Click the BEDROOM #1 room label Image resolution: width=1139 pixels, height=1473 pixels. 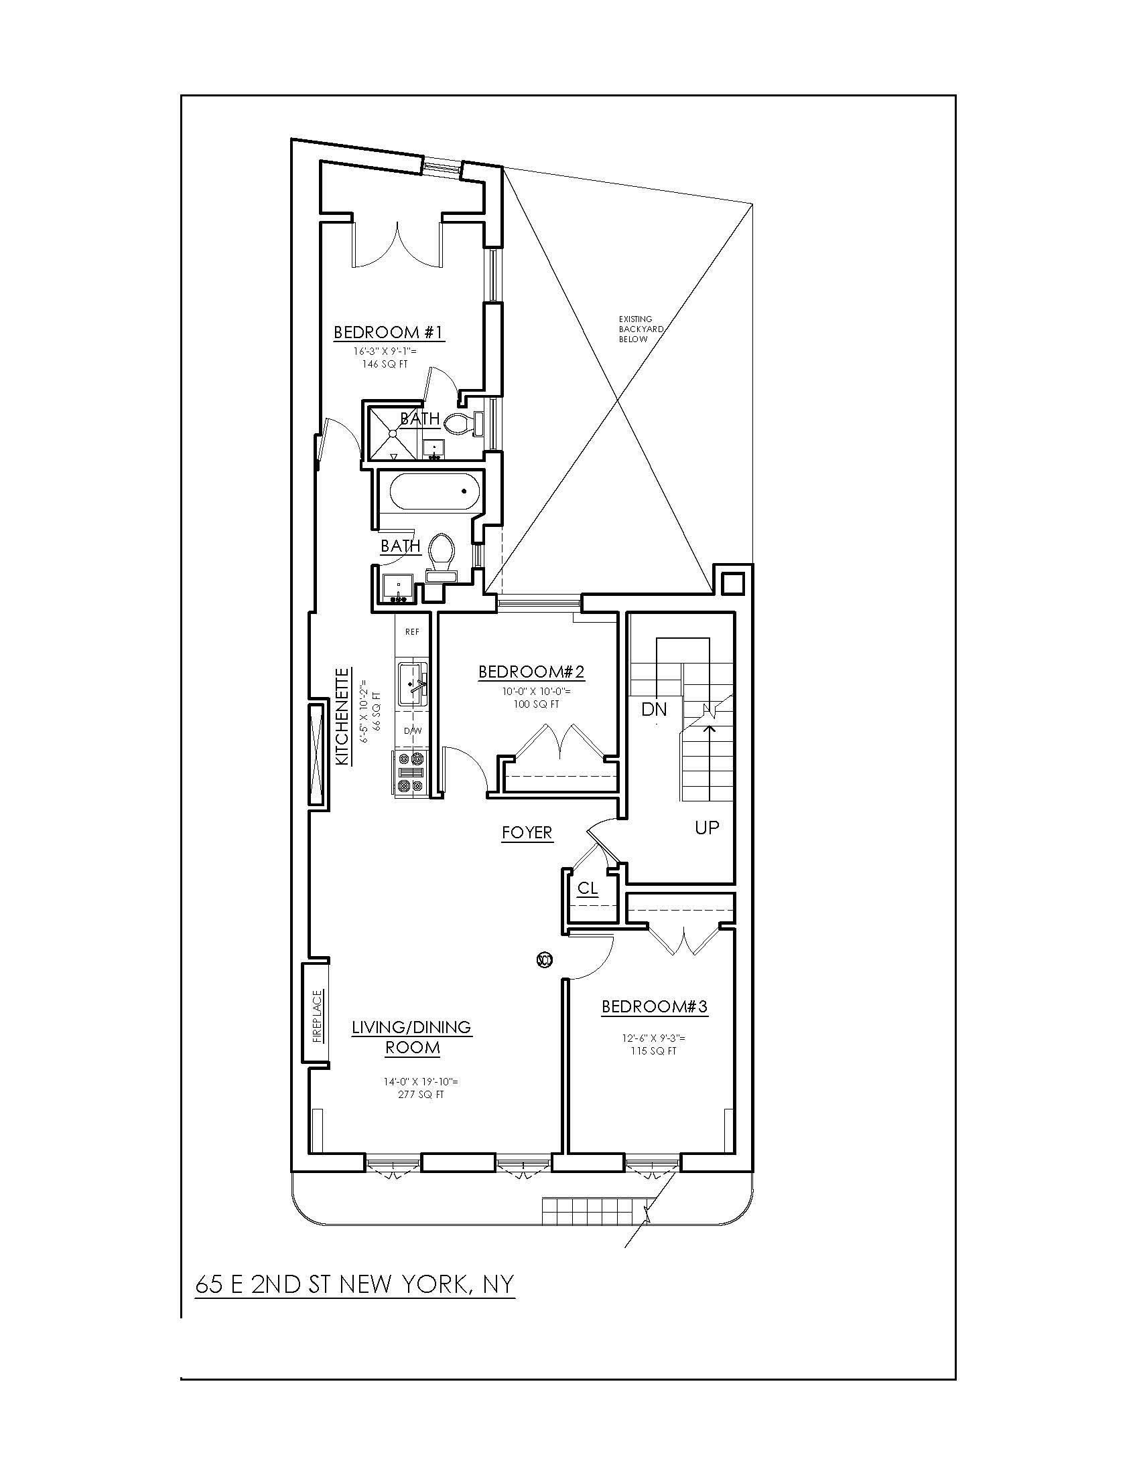point(389,333)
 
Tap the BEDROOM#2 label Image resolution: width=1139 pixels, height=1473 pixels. point(531,672)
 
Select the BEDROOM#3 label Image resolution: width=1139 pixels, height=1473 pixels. point(655,1007)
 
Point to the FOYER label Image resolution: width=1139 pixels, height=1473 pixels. point(527,833)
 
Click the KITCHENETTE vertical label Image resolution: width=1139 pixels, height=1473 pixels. point(344,716)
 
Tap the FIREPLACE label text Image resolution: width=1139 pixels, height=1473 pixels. point(318,1016)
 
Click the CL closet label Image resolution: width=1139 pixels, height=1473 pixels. point(588,889)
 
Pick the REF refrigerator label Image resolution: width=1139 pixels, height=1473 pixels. point(411,632)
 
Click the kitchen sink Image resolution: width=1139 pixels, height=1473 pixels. point(412,684)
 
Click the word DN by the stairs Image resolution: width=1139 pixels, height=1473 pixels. point(654,709)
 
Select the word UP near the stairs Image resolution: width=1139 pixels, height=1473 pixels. point(707,828)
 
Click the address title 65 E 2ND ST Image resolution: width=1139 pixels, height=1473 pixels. point(355,1284)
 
